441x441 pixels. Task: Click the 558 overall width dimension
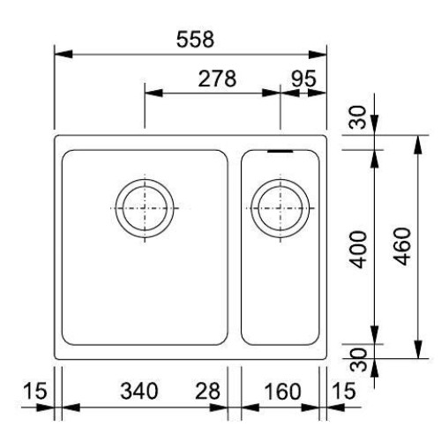click(195, 40)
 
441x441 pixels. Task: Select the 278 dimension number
click(217, 78)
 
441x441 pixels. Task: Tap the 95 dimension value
click(303, 78)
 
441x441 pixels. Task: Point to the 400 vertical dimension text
click(359, 250)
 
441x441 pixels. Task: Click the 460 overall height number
click(402, 246)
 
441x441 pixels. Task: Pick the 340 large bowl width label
click(139, 392)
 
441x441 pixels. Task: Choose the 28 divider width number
click(207, 392)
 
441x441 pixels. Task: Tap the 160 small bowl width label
click(283, 392)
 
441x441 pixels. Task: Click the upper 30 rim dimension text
click(358, 117)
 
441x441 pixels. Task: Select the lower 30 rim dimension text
click(360, 360)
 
